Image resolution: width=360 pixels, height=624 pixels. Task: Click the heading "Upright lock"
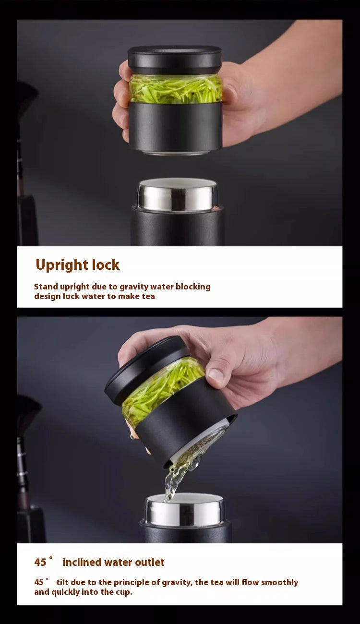tap(77, 265)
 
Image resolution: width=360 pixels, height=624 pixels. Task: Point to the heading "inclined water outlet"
tap(113, 562)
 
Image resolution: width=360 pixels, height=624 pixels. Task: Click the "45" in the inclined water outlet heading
tap(40, 563)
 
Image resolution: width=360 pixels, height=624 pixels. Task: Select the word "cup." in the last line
tap(124, 592)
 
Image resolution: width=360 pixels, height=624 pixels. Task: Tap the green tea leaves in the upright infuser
tap(175, 89)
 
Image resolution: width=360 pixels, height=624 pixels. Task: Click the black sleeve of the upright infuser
tap(175, 126)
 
